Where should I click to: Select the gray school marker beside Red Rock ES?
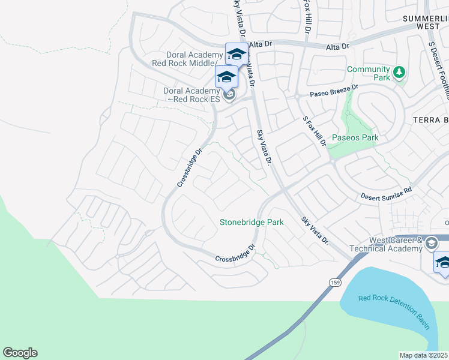coord(228,95)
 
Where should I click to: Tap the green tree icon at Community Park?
coord(399,73)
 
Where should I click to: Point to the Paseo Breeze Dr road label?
coord(334,89)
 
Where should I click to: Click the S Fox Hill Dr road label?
coord(314,133)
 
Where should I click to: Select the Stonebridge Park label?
coord(252,222)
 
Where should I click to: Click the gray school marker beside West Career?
coord(431,244)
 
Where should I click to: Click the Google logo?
coord(20,353)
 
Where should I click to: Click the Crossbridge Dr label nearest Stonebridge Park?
coord(236,253)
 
